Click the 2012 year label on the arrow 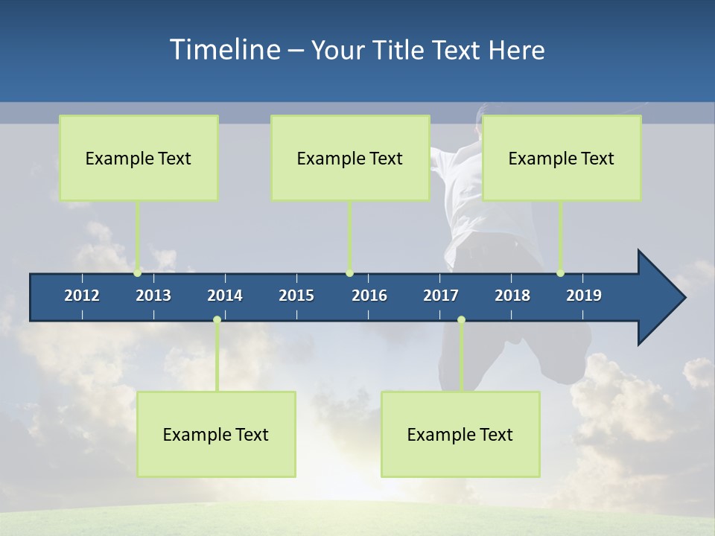[x=82, y=296]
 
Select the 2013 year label [x=153, y=296]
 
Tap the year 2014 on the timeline [x=225, y=296]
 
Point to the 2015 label [x=296, y=296]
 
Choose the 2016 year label [x=369, y=296]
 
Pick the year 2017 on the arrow [x=441, y=296]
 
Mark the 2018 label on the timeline [x=512, y=296]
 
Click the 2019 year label [x=584, y=296]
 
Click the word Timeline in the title [x=223, y=50]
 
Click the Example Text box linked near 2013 [x=139, y=158]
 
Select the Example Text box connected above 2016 [x=350, y=158]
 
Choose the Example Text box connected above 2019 [x=562, y=158]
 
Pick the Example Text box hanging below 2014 [x=216, y=434]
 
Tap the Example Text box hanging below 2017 [x=460, y=434]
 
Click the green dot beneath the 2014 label [x=217, y=320]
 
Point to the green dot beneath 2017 [x=461, y=320]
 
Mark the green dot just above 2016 [x=349, y=273]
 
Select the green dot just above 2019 [x=561, y=273]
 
